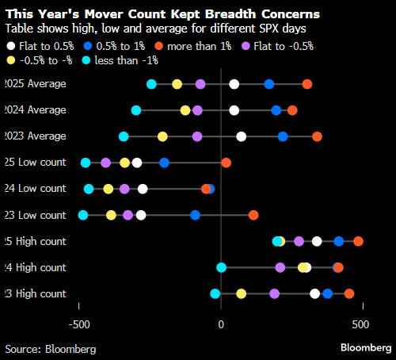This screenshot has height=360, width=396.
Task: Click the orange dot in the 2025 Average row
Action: tap(307, 84)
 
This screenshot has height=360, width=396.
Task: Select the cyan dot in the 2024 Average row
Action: tap(136, 110)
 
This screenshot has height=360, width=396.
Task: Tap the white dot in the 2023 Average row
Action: tap(242, 136)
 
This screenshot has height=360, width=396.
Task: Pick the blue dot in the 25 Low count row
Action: tap(164, 163)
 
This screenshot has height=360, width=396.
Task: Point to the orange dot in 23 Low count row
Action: tap(253, 215)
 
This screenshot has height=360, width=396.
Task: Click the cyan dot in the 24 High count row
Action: tap(221, 267)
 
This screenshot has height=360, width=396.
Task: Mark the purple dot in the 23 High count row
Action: tap(274, 293)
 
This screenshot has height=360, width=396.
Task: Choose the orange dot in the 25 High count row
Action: tap(358, 241)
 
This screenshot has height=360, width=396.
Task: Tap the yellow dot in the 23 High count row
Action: tap(242, 293)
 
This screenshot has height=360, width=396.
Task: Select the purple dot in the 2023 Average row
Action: tap(197, 136)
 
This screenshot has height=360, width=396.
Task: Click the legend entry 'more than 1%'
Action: tap(190, 47)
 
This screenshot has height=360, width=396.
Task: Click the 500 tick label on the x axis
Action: tap(360, 325)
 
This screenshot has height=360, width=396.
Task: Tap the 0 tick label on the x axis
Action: tap(221, 325)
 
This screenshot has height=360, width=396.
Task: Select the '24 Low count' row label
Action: tap(35, 189)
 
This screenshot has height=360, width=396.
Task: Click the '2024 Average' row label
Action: tap(35, 110)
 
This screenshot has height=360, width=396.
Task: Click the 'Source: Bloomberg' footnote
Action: tap(51, 348)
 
